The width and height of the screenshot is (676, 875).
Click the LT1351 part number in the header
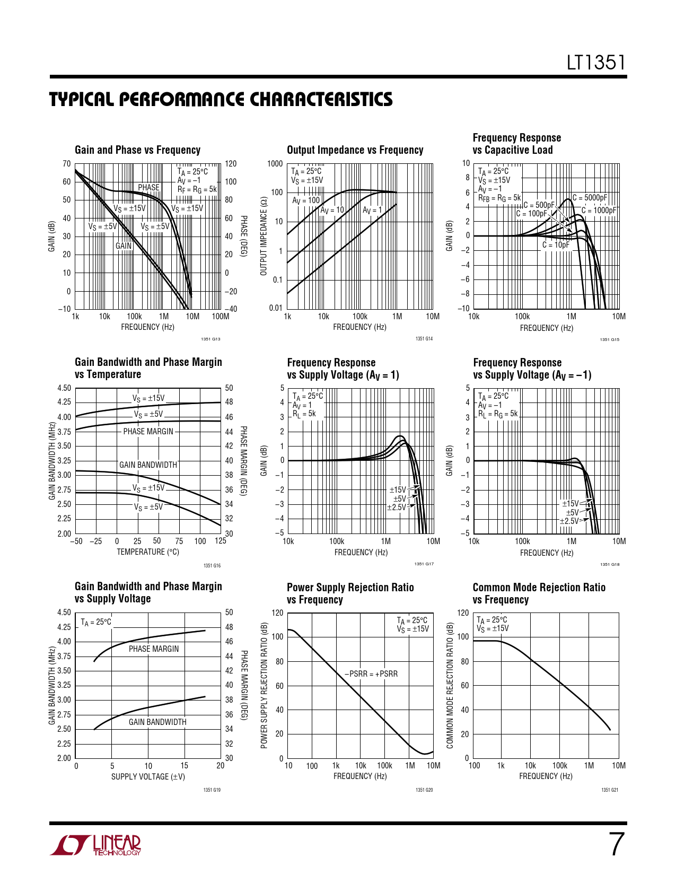pyautogui.click(x=596, y=63)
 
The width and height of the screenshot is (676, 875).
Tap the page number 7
pyautogui.click(x=616, y=845)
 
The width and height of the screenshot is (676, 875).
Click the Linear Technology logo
pyautogui.click(x=96, y=845)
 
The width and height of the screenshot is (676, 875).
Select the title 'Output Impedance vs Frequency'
pyautogui.click(x=355, y=150)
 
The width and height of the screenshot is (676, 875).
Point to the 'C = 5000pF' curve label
pyautogui.click(x=590, y=198)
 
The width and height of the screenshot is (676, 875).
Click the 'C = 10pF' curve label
pyautogui.click(x=555, y=245)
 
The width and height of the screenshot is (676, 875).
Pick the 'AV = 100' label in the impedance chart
pyautogui.click(x=306, y=200)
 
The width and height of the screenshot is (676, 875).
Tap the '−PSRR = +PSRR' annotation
pyautogui.click(x=371, y=674)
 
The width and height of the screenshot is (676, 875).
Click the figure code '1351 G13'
pyautogui.click(x=210, y=339)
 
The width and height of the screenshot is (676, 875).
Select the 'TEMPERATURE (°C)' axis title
pyautogui.click(x=148, y=552)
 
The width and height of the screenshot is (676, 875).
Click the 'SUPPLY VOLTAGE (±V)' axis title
pyautogui.click(x=148, y=777)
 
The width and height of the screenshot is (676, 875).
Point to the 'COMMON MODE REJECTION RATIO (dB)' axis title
pyautogui.click(x=450, y=685)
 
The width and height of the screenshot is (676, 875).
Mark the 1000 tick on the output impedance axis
pyautogui.click(x=275, y=164)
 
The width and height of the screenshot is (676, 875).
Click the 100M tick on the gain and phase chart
pyautogui.click(x=221, y=317)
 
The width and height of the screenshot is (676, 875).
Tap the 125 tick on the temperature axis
pyautogui.click(x=221, y=541)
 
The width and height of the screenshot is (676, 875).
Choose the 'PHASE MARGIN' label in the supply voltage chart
pyautogui.click(x=154, y=649)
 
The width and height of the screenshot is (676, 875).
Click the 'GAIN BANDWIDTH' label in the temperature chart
pyautogui.click(x=148, y=465)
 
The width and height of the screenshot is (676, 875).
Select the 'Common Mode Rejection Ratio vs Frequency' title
pyautogui.click(x=539, y=593)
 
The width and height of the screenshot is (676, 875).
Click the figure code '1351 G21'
pyautogui.click(x=610, y=790)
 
